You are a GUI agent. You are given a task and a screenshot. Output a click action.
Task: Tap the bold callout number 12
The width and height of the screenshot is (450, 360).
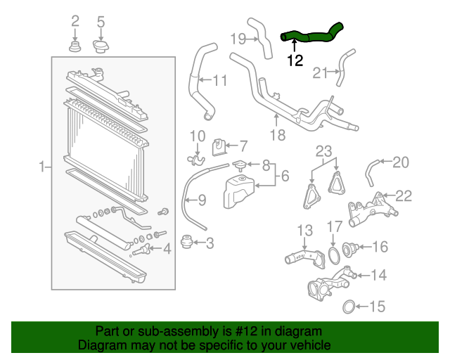tap(295, 61)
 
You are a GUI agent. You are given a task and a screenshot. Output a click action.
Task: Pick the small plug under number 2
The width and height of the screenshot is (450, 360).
tap(75, 48)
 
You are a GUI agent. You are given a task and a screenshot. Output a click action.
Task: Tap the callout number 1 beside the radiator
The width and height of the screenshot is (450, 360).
tap(41, 167)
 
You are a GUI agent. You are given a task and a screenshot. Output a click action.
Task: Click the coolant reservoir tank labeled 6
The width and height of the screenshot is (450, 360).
tap(238, 191)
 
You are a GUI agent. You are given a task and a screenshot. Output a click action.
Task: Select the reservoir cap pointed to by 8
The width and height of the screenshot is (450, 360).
tap(241, 166)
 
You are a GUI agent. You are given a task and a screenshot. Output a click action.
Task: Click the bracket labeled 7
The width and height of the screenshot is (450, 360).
tap(219, 146)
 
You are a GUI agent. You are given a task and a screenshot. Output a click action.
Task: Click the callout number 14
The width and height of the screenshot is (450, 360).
tap(378, 275)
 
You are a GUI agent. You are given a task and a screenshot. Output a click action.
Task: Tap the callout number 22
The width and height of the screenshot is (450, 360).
tap(404, 196)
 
